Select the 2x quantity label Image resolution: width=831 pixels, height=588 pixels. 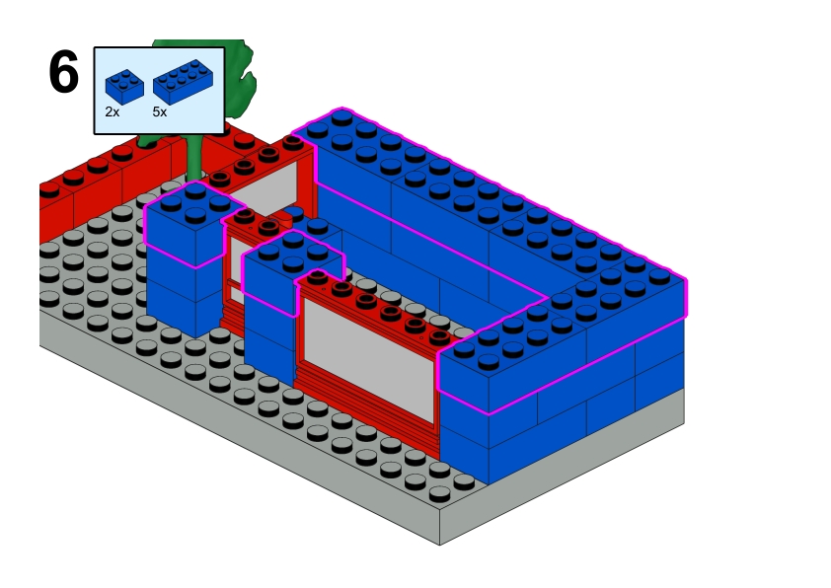[113, 111]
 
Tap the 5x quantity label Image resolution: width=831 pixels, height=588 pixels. [160, 111]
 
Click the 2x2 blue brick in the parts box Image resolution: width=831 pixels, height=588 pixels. [124, 87]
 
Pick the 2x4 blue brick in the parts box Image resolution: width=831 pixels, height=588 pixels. [184, 81]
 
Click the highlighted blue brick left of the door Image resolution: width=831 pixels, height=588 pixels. [185, 225]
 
